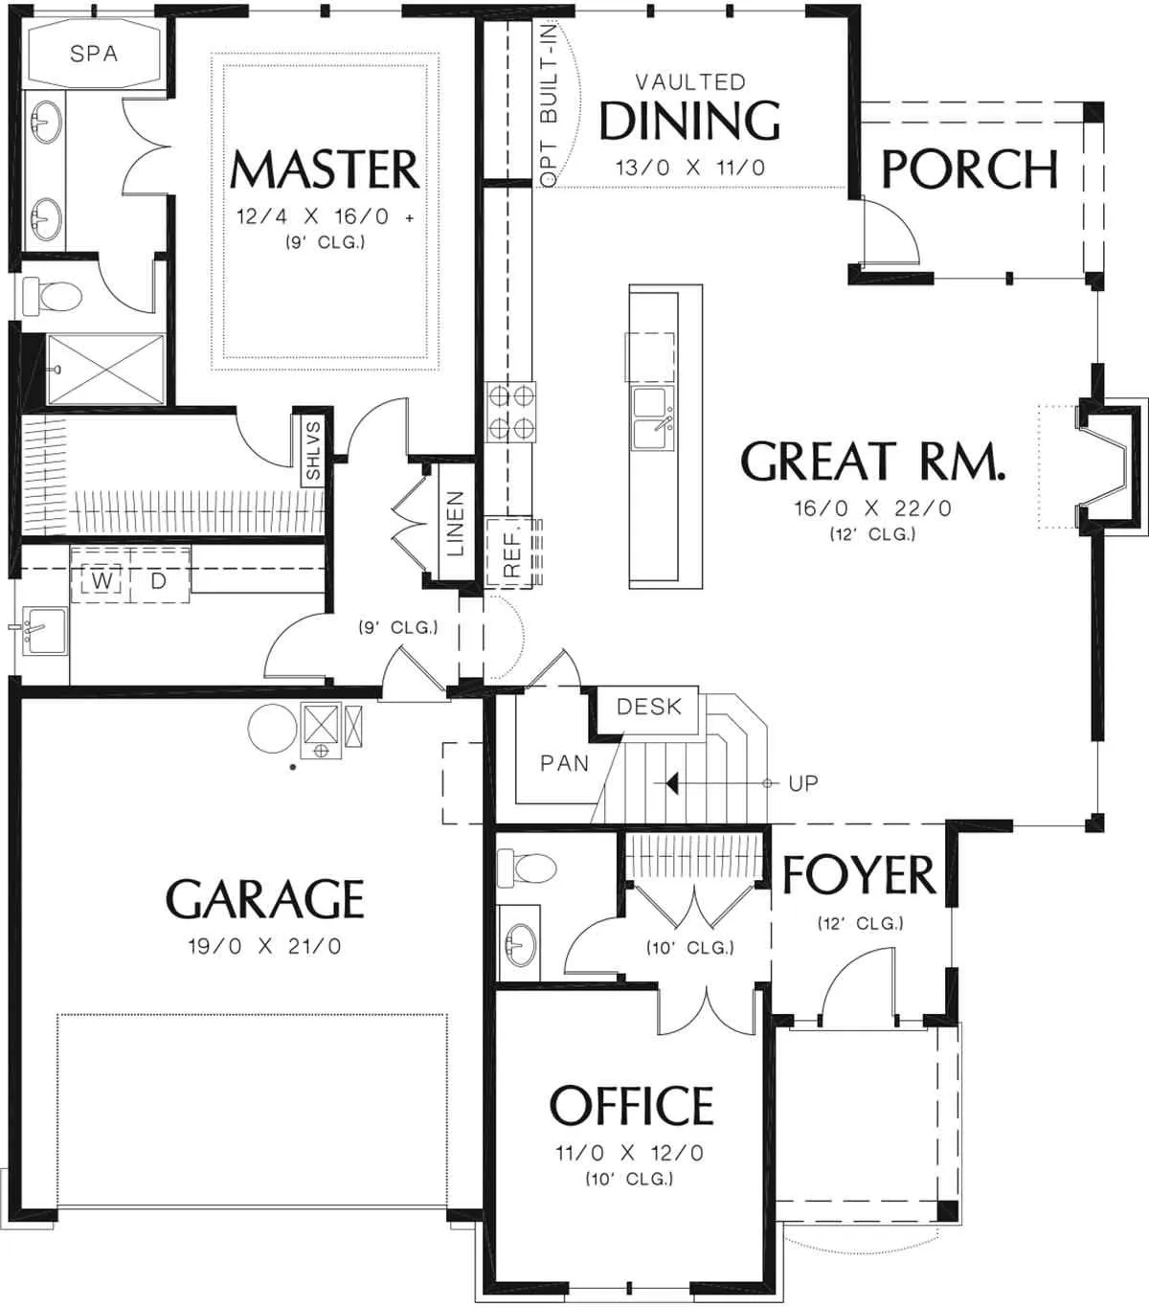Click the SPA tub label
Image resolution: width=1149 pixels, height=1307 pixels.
pos(94,54)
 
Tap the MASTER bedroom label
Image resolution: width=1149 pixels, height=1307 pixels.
pos(325,169)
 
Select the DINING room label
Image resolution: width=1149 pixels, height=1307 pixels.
pos(689,121)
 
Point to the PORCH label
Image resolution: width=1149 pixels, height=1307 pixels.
pos(970,169)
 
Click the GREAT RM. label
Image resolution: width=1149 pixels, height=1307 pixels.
pos(873,461)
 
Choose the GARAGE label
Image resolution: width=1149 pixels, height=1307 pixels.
pos(265,899)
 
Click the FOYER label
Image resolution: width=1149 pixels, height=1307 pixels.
pos(859,875)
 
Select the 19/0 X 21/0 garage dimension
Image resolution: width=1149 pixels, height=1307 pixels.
pos(264,946)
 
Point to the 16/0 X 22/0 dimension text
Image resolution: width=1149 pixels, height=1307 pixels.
pos(873,508)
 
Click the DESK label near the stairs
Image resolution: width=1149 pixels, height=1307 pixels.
pos(649,707)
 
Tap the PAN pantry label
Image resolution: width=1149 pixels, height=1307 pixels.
pos(565,764)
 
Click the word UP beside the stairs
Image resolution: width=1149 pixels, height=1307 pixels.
pos(803,784)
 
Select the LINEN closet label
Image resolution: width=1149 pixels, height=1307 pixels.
pos(456,523)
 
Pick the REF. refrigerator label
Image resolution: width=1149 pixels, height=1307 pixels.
pos(511,554)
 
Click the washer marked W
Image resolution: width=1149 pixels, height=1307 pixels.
pos(101,580)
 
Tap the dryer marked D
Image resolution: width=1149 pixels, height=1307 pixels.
pos(159,580)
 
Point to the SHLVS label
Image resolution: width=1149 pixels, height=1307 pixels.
pos(313,451)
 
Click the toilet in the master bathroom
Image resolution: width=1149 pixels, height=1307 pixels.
pos(53,297)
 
